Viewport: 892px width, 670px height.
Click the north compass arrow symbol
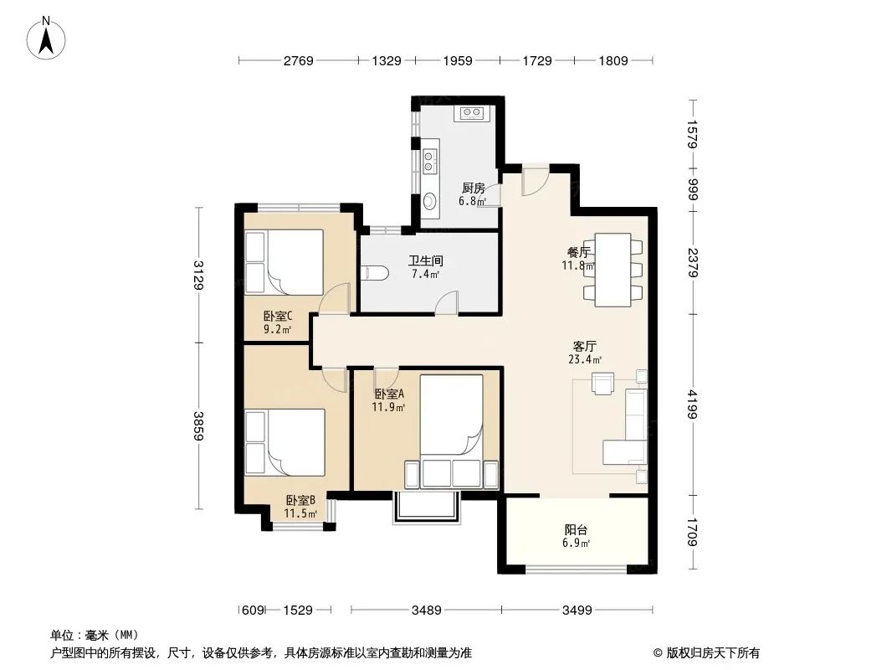[46, 39]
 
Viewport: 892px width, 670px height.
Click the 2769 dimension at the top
[299, 60]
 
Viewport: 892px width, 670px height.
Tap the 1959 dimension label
[458, 60]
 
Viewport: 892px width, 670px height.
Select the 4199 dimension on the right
[693, 404]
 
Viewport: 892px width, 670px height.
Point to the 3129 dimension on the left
[198, 275]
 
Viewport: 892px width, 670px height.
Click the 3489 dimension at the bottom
[427, 611]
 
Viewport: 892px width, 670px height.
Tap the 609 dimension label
[254, 611]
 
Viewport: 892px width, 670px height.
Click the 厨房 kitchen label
[473, 188]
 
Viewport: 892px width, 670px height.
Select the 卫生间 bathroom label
[426, 260]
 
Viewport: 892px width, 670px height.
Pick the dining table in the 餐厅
[613, 270]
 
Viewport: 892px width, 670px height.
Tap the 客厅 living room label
[585, 346]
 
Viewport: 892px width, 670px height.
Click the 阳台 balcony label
[576, 530]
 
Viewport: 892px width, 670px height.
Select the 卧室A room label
[389, 394]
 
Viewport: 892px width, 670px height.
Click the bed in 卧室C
[284, 262]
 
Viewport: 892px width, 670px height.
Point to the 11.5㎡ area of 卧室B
[300, 513]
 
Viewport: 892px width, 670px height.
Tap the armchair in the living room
[603, 383]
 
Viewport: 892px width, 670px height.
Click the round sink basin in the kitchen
[429, 201]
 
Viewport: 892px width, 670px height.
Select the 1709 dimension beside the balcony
[693, 532]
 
